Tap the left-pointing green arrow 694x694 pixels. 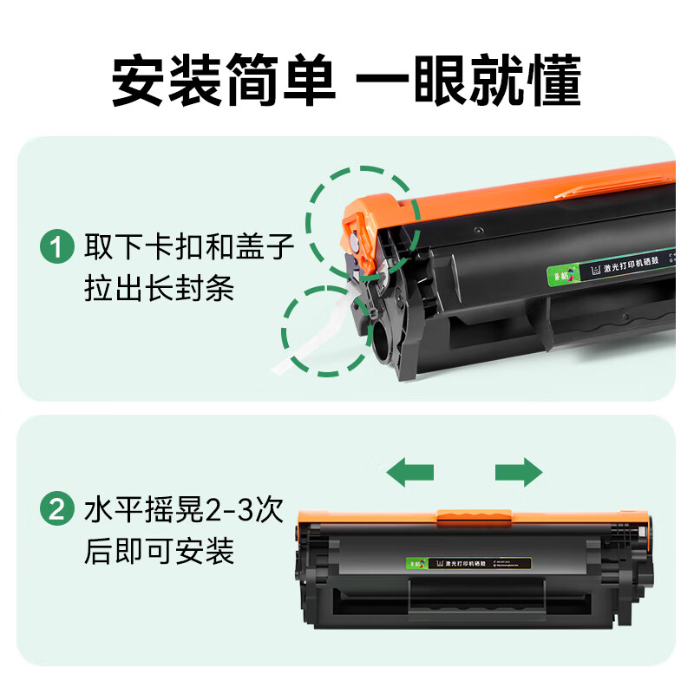coord(410,472)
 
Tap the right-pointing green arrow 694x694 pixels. coord(519,472)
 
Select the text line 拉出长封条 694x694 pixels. coord(159,289)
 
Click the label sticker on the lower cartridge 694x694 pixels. coord(459,563)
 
